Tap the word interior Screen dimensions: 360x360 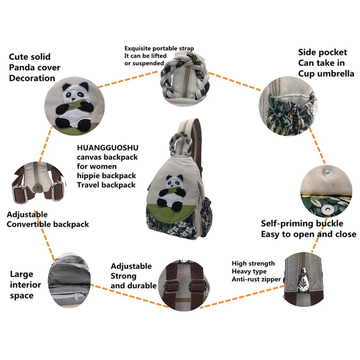(x=25, y=285)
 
